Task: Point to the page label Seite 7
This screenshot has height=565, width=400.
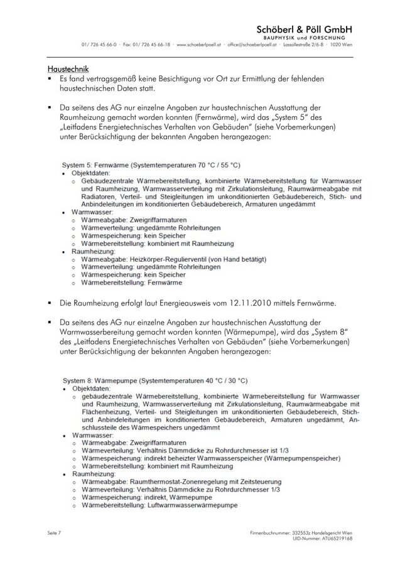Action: click(x=55, y=532)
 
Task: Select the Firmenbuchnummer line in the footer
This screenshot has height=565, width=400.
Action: click(x=300, y=532)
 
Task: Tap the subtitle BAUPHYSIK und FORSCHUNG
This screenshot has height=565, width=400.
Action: click(x=309, y=38)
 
